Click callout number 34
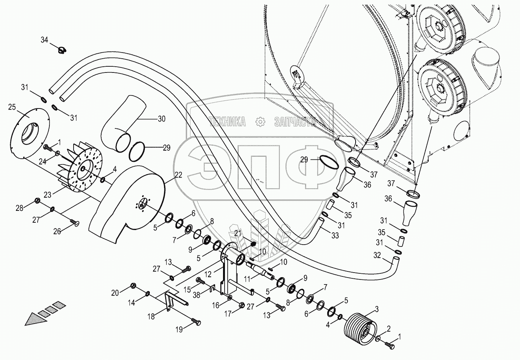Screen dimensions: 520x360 coord(44,40)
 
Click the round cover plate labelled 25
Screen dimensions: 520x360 coord(30,133)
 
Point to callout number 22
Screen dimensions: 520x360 coord(178,175)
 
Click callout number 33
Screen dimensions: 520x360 coord(335,235)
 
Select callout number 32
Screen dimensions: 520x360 coord(377,255)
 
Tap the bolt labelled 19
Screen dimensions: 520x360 coord(196,322)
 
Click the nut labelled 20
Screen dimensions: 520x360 coord(133,286)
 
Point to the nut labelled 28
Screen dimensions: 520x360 coord(37,200)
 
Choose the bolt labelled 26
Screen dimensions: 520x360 coord(74,222)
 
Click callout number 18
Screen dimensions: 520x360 coord(151,316)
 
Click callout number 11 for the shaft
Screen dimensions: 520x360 coord(247,279)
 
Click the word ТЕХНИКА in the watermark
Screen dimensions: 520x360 coord(227,122)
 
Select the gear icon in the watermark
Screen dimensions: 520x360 coord(260,122)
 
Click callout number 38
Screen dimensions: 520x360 coord(197,295)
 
